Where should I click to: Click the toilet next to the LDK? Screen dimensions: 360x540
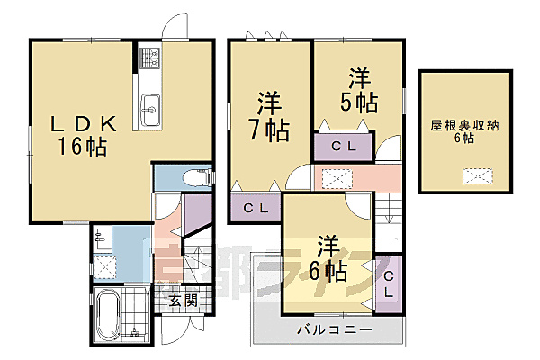click(196, 178)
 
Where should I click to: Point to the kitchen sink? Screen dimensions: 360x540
click(149, 105)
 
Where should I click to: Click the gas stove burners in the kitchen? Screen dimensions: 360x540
click(149, 60)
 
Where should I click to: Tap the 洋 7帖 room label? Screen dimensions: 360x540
click(268, 116)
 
